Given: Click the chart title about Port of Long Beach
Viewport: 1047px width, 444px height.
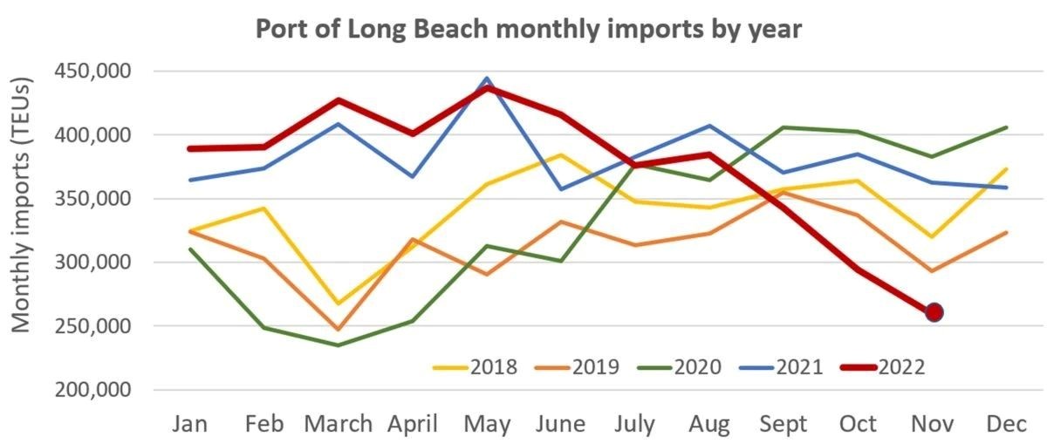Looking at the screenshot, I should point(528,28).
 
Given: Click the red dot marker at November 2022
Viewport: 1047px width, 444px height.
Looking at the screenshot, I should point(934,311).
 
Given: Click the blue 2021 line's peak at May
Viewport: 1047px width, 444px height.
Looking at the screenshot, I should point(487,79).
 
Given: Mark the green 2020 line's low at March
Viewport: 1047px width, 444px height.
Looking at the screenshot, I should point(339,345).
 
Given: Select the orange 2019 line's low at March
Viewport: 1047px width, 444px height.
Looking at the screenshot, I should point(339,330).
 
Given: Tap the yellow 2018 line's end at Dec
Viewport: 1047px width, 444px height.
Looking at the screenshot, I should point(1008,169).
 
